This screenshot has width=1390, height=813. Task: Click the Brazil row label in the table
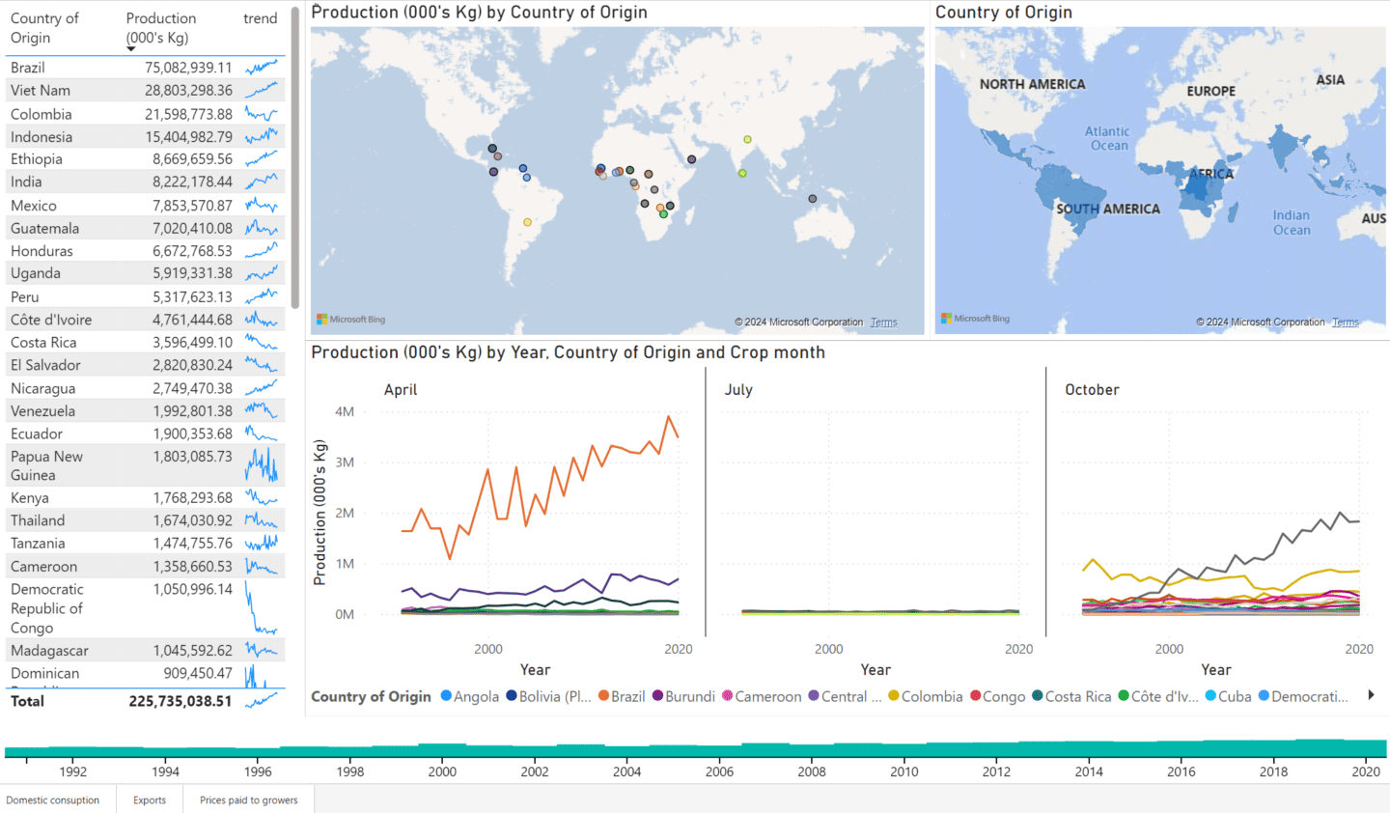coord(28,68)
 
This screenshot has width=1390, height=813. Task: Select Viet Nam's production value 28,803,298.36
coord(188,90)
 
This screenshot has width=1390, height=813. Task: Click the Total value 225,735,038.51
coord(181,701)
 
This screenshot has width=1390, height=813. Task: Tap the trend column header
coord(260,18)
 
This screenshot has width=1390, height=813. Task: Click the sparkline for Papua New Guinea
coord(261,465)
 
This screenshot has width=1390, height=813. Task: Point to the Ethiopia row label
coord(37,159)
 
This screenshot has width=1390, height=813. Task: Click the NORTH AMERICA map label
coord(1032,84)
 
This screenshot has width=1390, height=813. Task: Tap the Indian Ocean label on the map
coord(1292,222)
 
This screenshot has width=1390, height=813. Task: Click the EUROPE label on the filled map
coord(1210,91)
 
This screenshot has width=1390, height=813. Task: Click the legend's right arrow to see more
coord(1371,695)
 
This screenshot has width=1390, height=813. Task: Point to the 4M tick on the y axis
coord(345,411)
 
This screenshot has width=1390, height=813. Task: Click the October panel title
coord(1092,390)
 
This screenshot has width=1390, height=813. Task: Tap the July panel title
coord(738,390)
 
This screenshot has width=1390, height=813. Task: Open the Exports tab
coord(150,799)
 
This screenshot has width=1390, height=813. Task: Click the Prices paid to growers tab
coord(248,799)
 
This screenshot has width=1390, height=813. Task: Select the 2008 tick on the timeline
coord(812,771)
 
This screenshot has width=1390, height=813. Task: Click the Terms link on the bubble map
coord(883,322)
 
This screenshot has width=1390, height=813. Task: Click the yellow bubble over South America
coord(527,222)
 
